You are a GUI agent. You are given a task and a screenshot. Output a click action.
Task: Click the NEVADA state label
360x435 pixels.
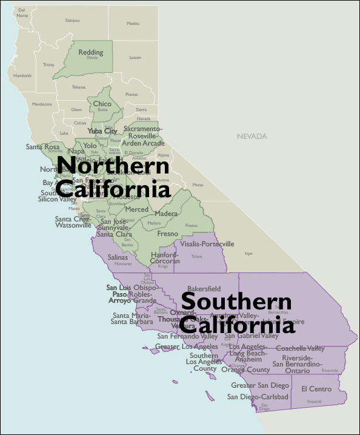(x=252, y=137)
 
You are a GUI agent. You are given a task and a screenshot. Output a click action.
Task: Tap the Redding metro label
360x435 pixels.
(x=90, y=52)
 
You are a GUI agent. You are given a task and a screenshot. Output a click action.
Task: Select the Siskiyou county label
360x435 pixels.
(x=73, y=21)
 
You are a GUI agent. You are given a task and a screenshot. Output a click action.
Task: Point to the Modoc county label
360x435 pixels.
(x=133, y=24)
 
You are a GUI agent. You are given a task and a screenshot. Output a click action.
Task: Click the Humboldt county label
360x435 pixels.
(x=22, y=76)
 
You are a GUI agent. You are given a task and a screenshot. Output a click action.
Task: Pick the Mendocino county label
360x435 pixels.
(x=42, y=104)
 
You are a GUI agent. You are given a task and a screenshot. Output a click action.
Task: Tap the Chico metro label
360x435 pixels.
(x=102, y=104)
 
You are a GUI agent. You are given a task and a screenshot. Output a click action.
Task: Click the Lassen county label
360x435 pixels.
(x=135, y=58)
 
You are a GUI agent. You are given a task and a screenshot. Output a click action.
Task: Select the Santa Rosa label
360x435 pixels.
(x=42, y=147)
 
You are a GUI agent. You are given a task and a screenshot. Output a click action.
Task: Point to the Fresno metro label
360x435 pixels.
(x=168, y=234)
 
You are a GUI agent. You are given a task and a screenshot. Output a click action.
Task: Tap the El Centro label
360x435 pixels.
(x=316, y=389)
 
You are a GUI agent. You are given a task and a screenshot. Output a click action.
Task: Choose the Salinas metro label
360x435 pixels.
(x=118, y=257)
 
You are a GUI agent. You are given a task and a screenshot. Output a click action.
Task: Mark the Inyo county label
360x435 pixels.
(x=248, y=253)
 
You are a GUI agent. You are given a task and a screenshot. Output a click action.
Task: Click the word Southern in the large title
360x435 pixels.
(x=236, y=302)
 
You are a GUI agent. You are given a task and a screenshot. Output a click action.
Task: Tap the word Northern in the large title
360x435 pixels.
(x=113, y=165)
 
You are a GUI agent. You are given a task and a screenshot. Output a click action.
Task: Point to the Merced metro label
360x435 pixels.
(x=137, y=209)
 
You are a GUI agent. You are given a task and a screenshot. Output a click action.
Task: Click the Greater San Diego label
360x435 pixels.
(x=260, y=385)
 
